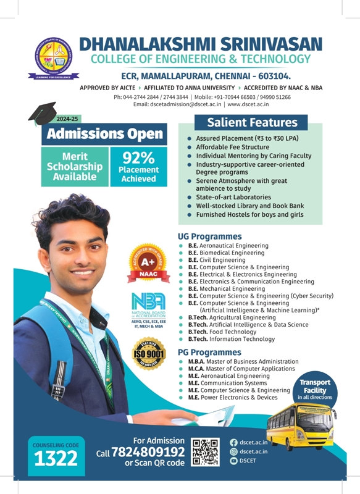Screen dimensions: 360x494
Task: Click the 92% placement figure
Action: point(138,157)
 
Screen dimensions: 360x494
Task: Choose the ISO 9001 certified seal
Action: point(150,354)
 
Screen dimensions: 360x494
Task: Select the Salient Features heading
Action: point(252,122)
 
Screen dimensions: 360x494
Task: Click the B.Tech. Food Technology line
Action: point(222,332)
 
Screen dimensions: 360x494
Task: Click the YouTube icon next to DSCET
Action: point(233,461)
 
